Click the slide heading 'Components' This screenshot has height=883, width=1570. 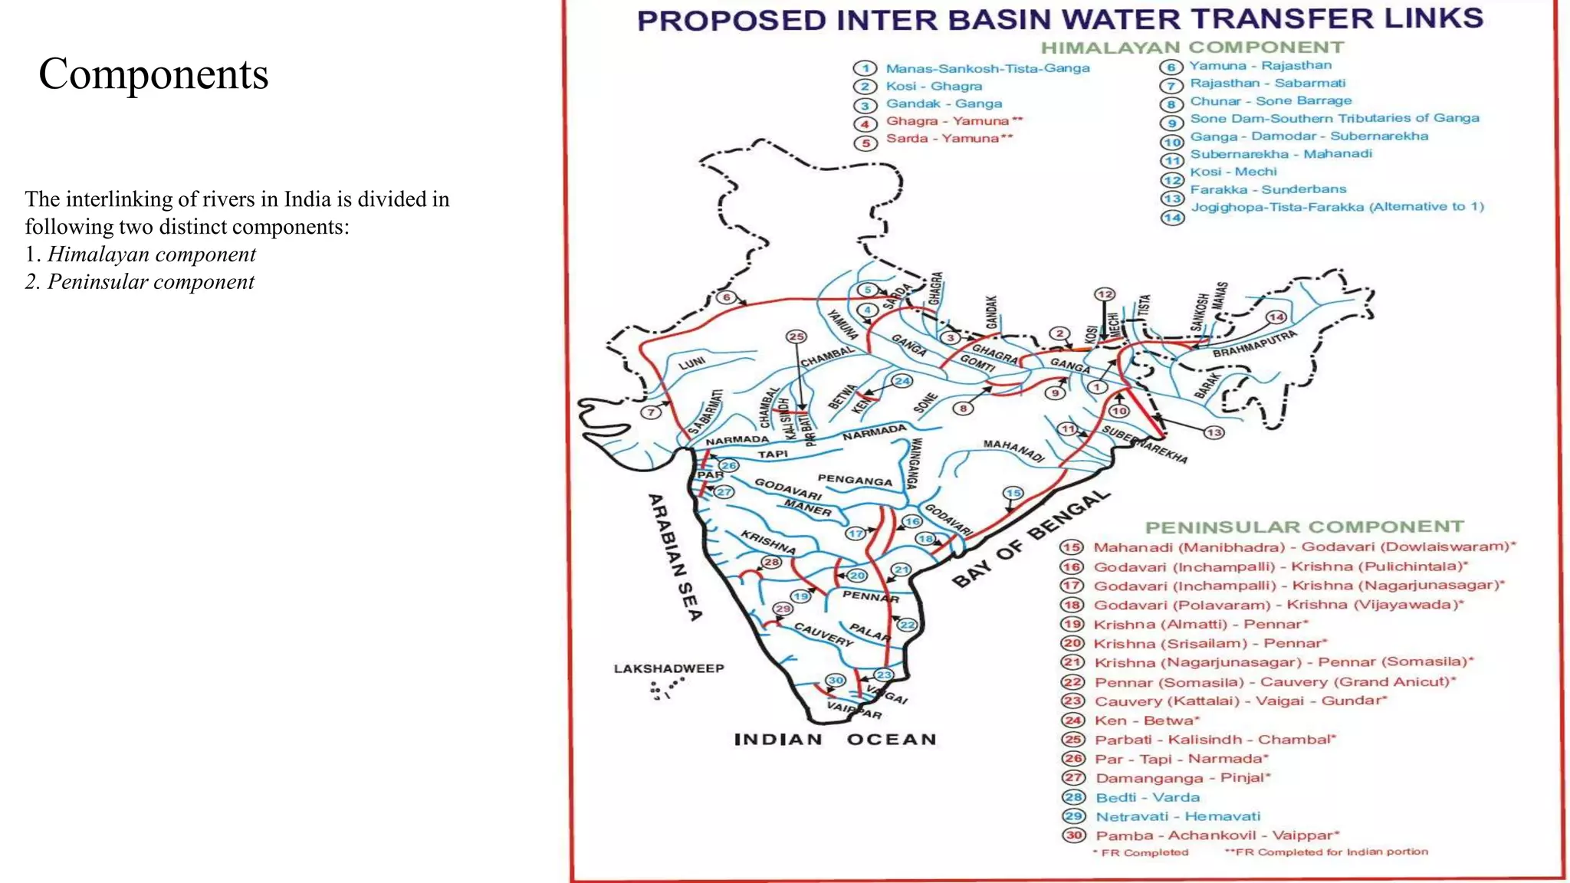pyautogui.click(x=153, y=74)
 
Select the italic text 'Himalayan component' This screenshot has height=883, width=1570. pyautogui.click(x=152, y=254)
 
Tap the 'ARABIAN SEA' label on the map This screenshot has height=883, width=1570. pyautogui.click(x=675, y=557)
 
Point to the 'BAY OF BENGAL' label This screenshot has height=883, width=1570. pyautogui.click(x=1031, y=538)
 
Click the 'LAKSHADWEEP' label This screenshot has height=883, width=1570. pyautogui.click(x=668, y=668)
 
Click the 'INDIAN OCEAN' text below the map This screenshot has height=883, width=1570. pyautogui.click(x=835, y=740)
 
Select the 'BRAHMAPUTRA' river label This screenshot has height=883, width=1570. pyautogui.click(x=1255, y=344)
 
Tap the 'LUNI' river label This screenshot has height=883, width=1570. pyautogui.click(x=691, y=363)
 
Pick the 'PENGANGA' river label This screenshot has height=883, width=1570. pyautogui.click(x=855, y=481)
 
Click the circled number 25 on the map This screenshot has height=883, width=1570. pyautogui.click(x=796, y=336)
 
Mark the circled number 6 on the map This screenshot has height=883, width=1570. pyautogui.click(x=726, y=297)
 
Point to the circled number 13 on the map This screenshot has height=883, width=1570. pyautogui.click(x=1214, y=432)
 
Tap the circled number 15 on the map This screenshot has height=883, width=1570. pyautogui.click(x=1013, y=493)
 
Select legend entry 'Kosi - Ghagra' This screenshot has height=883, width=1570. pyautogui.click(x=934, y=86)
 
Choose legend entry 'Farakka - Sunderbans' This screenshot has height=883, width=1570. pyautogui.click(x=1267, y=189)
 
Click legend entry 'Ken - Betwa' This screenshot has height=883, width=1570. pyautogui.click(x=1146, y=721)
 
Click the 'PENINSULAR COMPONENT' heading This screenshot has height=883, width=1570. pyautogui.click(x=1304, y=527)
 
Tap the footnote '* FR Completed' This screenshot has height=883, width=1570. pyautogui.click(x=1141, y=852)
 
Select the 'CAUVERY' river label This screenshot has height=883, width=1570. pyautogui.click(x=823, y=634)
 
